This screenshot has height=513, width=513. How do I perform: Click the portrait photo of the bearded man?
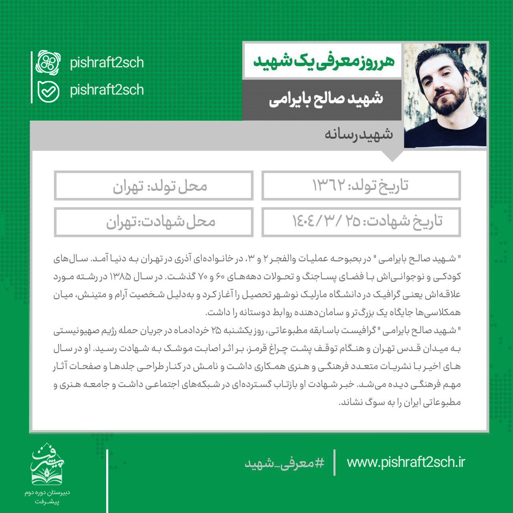click(445, 95)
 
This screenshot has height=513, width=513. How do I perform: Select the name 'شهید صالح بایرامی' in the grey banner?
click(325, 99)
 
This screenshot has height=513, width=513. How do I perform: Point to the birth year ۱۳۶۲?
click(329, 186)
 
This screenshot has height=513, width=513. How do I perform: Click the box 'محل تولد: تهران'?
click(154, 186)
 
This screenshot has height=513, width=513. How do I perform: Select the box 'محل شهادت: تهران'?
click(154, 222)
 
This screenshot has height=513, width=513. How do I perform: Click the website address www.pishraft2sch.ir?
click(406, 462)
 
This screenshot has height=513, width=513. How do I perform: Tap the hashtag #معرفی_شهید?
click(285, 463)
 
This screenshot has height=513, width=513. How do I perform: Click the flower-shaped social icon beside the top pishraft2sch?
click(48, 63)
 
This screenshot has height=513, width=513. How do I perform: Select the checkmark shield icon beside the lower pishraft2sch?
click(48, 91)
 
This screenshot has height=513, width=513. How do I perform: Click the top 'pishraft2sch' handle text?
click(107, 63)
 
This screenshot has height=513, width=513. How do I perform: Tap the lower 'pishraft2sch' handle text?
click(107, 90)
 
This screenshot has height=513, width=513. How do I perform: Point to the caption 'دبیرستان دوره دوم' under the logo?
click(47, 492)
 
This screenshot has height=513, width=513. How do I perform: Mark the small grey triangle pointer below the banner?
click(393, 156)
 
